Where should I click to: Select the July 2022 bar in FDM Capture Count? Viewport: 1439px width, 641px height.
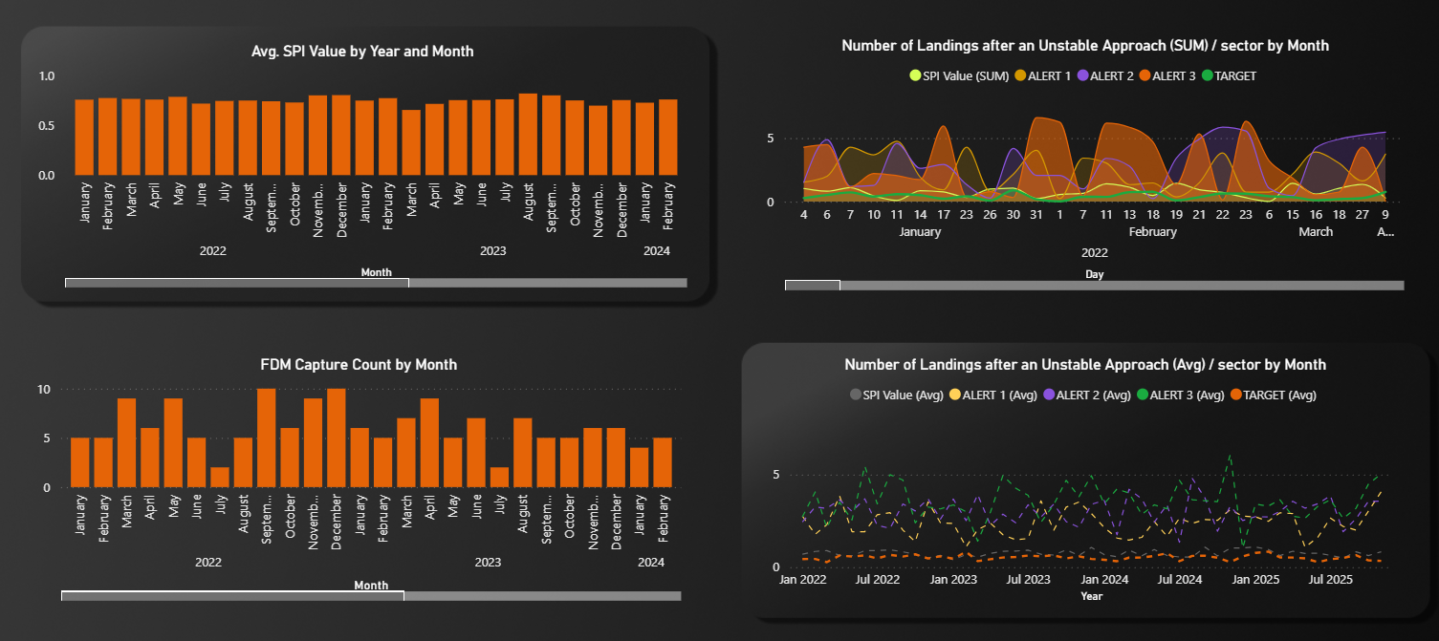(x=220, y=478)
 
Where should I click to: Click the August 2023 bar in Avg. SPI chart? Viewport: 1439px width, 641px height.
(x=528, y=135)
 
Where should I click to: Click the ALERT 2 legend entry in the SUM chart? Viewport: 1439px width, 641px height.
(x=1107, y=75)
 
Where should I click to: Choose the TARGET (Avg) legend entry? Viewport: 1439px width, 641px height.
(x=1271, y=395)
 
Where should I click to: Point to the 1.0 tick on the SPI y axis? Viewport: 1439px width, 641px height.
(x=47, y=76)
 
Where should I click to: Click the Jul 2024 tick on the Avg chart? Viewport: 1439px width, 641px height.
(x=1178, y=580)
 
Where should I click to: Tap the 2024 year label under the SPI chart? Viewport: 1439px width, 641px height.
(x=657, y=251)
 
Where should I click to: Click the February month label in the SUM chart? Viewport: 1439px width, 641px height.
(x=1152, y=232)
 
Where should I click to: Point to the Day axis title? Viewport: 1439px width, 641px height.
(x=1094, y=274)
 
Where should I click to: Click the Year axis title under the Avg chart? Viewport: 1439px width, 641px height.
(x=1091, y=596)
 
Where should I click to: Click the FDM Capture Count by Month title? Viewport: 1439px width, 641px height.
(x=359, y=365)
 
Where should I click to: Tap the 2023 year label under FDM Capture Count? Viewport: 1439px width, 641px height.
(x=488, y=563)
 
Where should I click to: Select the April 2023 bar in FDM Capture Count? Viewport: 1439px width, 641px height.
(x=429, y=443)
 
